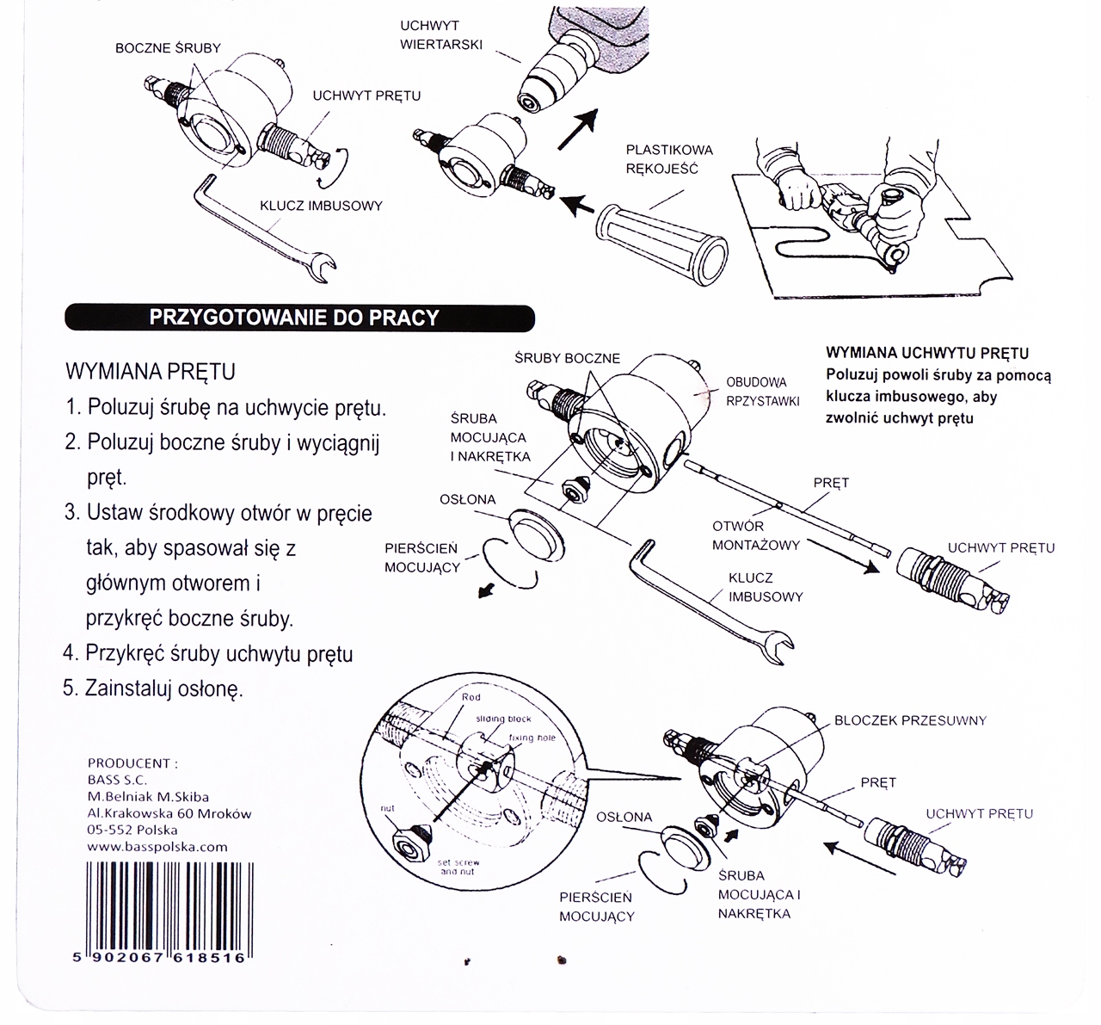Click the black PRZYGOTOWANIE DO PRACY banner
pos(300,318)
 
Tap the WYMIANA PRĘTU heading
pos(151,372)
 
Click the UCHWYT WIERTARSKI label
pos(440,35)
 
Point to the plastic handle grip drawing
pos(661,244)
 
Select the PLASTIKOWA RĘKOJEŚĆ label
pos(669,159)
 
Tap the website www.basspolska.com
pos(157,847)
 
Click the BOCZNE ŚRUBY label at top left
pos(168,48)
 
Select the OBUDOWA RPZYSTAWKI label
pos(763,392)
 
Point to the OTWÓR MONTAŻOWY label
pos(755,535)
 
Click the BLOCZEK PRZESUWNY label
pos(910,720)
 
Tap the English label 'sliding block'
pos(503,719)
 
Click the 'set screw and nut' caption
pos(458,867)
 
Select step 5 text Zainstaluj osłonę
pos(153,688)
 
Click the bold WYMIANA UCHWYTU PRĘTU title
pos(927,353)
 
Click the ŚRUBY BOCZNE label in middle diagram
pos(567,359)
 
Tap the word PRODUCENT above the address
pos(132,763)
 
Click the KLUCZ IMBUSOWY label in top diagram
pos(321,206)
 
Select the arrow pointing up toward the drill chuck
pos(578,129)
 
